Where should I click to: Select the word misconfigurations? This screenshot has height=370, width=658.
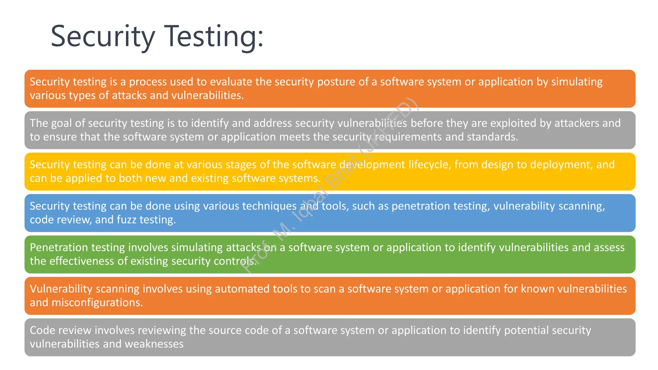[x=97, y=303]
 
